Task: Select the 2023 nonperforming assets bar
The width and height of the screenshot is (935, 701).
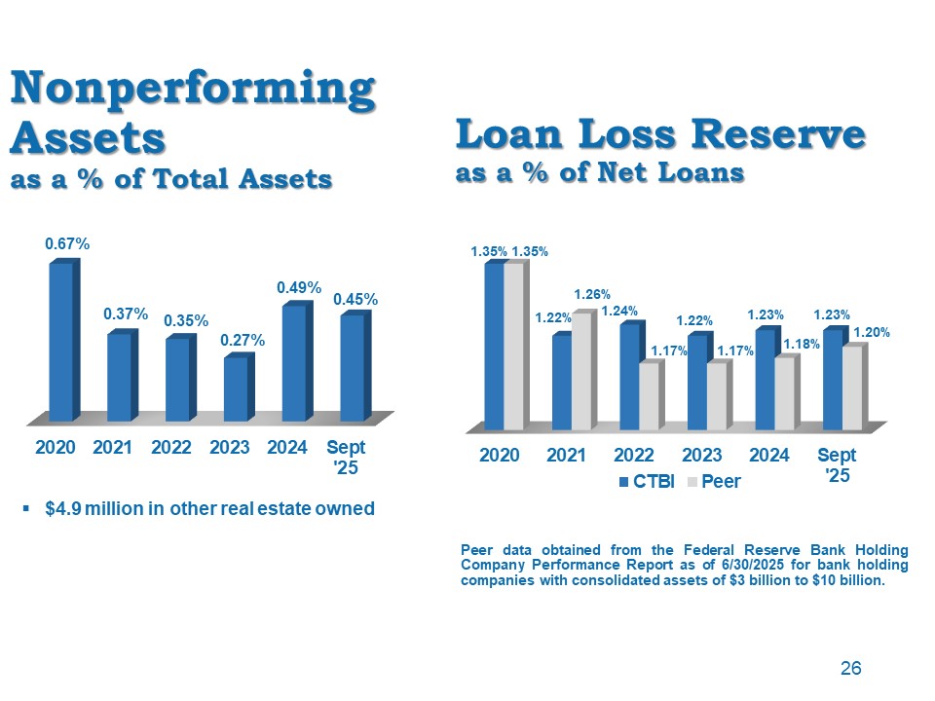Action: (235, 389)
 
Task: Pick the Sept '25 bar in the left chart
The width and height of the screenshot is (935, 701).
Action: (352, 367)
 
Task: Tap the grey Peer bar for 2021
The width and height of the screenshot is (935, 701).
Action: (580, 372)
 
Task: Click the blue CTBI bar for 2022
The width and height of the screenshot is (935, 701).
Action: (629, 377)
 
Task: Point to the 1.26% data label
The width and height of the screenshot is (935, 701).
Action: (591, 295)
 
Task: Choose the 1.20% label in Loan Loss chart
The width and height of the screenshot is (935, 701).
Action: (871, 333)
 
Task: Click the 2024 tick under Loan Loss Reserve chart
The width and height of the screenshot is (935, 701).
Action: (769, 455)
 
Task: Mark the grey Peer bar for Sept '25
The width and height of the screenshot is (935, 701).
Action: (852, 388)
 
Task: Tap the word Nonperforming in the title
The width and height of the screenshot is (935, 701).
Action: (192, 90)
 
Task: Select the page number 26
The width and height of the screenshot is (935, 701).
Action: (850, 669)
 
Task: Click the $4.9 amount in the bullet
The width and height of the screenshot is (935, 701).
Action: (64, 509)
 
